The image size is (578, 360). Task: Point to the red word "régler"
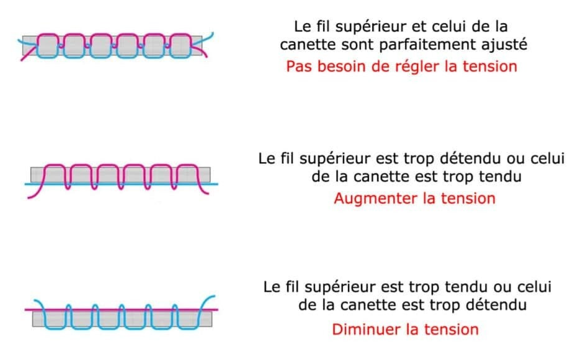418,66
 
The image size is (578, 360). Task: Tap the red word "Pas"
299,66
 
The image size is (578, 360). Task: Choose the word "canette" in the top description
303,45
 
